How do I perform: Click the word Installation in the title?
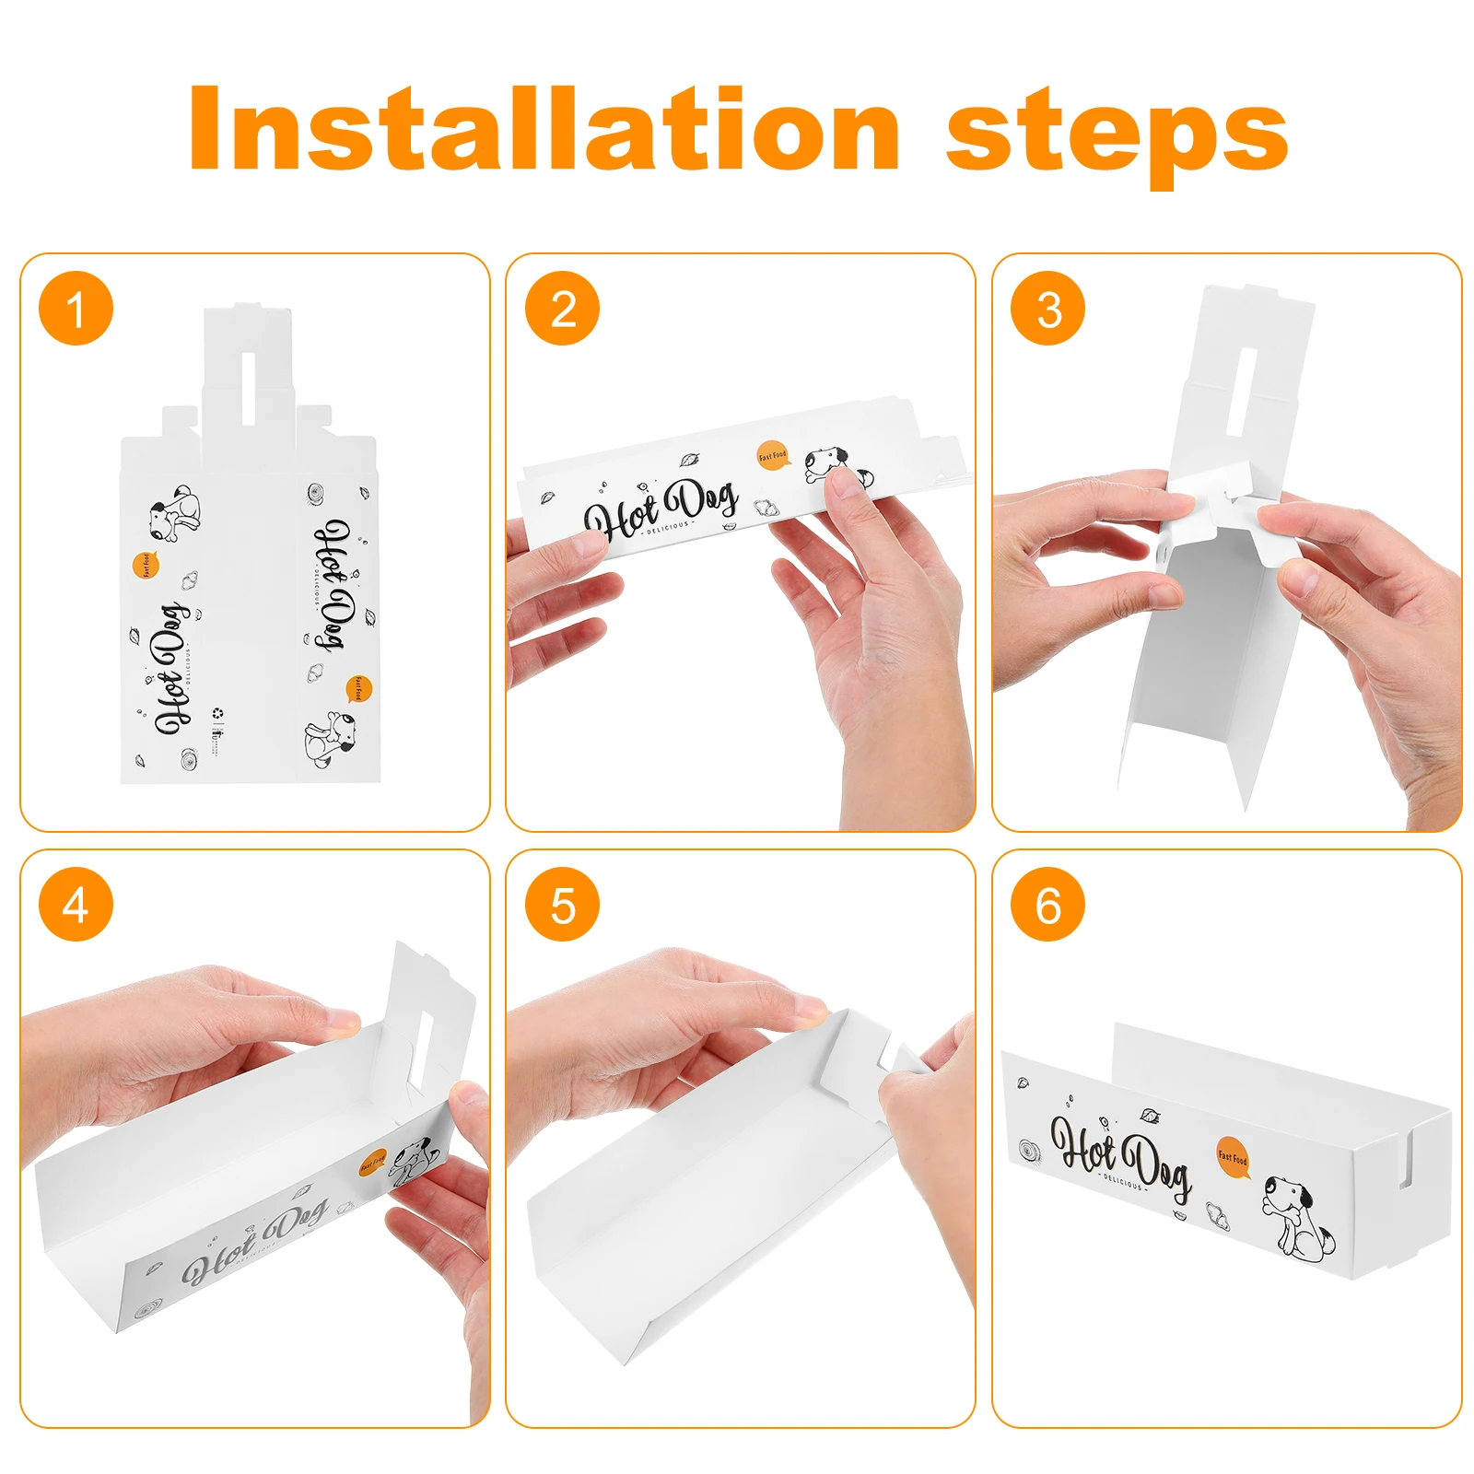tap(544, 129)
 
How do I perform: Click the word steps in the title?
tap(1117, 134)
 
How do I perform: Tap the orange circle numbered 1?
tap(76, 309)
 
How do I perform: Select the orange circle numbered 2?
tap(562, 309)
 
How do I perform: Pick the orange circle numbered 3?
tap(1047, 309)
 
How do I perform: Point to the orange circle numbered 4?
tap(76, 905)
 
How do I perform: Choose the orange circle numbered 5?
tap(562, 905)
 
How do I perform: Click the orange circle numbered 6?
tap(1047, 905)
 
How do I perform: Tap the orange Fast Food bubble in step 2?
tap(773, 455)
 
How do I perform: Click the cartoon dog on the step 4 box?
tap(412, 1163)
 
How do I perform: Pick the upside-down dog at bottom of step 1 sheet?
tap(330, 738)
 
